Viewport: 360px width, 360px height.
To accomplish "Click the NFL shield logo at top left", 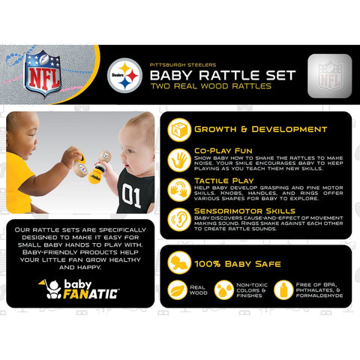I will click(43, 73).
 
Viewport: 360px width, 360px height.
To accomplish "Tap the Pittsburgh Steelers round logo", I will click(124, 76).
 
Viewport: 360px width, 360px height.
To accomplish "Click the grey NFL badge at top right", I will click(328, 74).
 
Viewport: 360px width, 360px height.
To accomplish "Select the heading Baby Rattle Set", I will click(222, 75).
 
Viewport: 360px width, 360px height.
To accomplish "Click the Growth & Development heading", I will click(260, 129).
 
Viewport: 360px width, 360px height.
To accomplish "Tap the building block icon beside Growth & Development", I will click(178, 129).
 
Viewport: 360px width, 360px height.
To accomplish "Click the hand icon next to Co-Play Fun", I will click(178, 160).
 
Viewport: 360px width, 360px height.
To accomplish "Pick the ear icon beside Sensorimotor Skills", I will click(178, 218).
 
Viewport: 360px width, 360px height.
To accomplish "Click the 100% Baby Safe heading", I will click(238, 264).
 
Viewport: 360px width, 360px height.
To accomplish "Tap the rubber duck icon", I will click(178, 262).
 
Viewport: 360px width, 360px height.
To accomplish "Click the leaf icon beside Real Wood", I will click(177, 289).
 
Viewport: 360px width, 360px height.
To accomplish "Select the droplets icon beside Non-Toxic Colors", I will click(223, 289).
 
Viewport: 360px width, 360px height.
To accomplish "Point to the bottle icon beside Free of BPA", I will click(283, 289).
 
